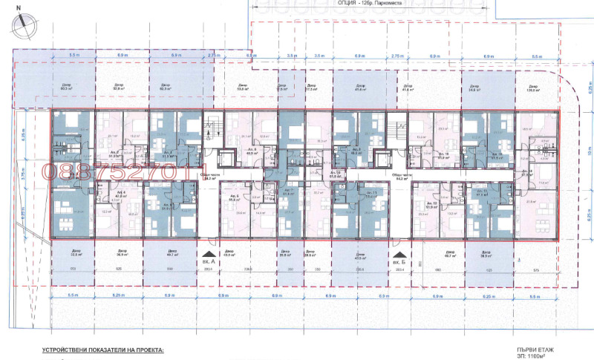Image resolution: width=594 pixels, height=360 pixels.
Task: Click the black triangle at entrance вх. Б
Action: pyautogui.click(x=398, y=252)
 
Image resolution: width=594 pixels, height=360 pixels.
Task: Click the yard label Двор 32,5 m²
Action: pyautogui.click(x=76, y=252)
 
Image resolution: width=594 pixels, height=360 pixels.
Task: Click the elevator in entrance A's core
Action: pyautogui.click(x=223, y=157)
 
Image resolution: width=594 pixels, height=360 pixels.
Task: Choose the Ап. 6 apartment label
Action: pyautogui.click(x=233, y=197)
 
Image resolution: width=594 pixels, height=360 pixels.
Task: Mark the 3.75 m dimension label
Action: pyautogui.click(x=25, y=176)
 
